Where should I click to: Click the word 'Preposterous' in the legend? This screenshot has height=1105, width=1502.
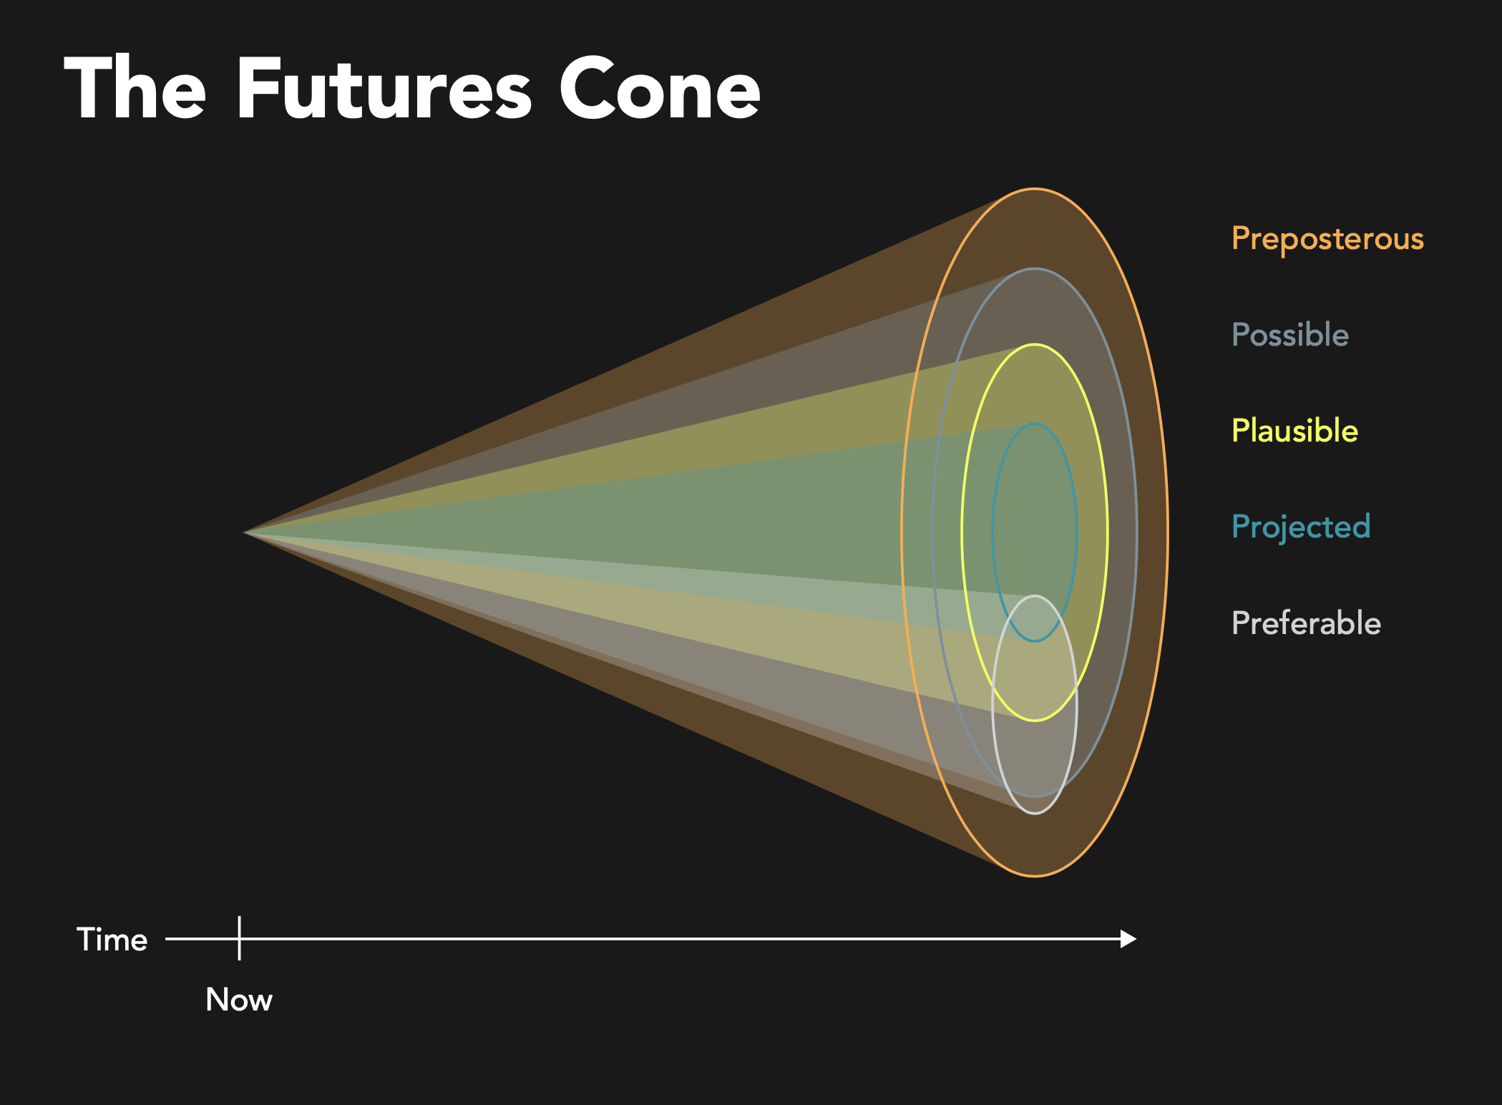point(1327,239)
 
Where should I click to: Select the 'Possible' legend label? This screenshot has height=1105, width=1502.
point(1290,334)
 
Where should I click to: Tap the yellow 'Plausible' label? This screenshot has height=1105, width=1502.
point(1294,430)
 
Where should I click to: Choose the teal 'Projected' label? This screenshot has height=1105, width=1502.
point(1301,527)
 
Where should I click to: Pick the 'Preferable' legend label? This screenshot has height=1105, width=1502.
point(1306,623)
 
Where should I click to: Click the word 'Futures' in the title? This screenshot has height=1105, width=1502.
point(384,89)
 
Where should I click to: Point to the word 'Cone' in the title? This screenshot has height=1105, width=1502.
point(659,89)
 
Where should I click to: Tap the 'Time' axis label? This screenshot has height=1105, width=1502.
point(112,939)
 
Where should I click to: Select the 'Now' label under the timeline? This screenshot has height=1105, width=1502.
point(239,999)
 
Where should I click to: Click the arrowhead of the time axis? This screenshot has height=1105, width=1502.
point(1128,939)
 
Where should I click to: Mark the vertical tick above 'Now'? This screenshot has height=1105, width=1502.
point(239,938)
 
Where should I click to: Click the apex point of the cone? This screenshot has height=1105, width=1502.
point(244,532)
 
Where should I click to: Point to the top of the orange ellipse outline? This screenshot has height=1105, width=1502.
point(1035,189)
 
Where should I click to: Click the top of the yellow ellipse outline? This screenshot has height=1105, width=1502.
point(1035,345)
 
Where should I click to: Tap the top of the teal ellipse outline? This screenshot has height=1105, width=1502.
point(1035,424)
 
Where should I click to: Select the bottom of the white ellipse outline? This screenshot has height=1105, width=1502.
point(1035,813)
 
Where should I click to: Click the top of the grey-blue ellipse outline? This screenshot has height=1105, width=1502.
point(1035,269)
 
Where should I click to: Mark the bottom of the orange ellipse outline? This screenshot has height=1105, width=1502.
point(1035,876)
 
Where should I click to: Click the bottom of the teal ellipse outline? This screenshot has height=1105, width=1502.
point(1035,641)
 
